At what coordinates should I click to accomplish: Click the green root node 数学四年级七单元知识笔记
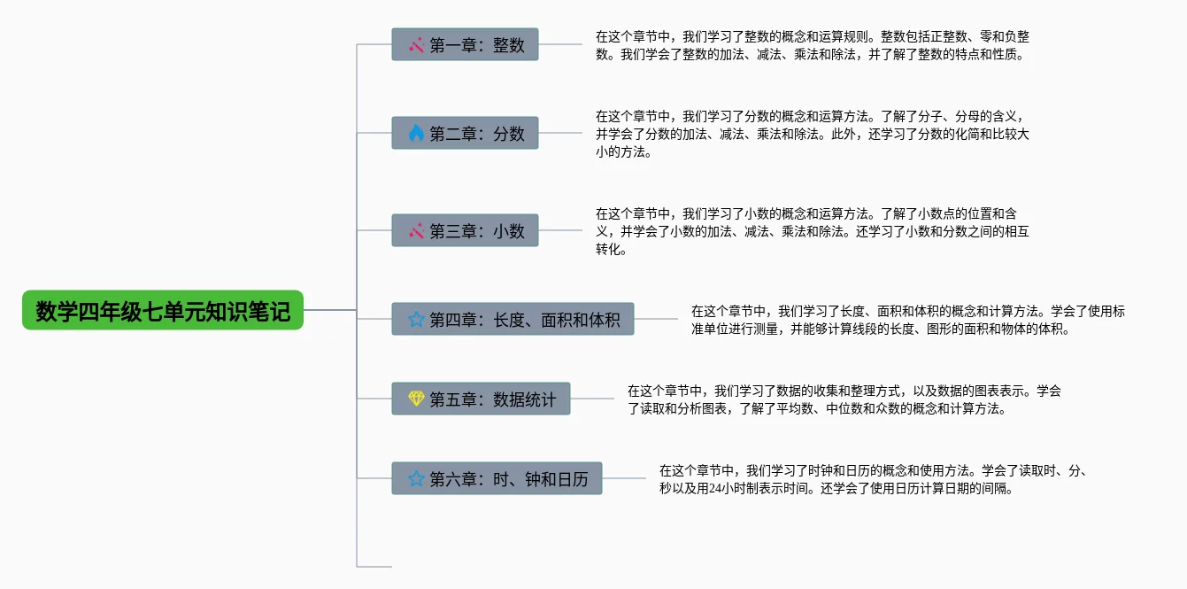[x=163, y=311]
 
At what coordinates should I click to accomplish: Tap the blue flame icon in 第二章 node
[x=416, y=133]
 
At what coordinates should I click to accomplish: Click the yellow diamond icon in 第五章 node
[x=416, y=399]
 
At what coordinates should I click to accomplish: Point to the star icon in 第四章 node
[x=416, y=319]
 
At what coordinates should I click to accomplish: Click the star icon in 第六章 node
[x=416, y=479]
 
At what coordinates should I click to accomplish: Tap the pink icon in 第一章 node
[x=416, y=44]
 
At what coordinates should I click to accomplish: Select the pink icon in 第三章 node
[x=416, y=230]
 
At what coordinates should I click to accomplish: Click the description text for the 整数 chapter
[x=812, y=45]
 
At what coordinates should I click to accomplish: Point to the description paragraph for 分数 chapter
[x=812, y=134]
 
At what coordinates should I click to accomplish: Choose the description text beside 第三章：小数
[x=812, y=231]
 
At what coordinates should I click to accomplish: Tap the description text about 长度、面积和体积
[x=907, y=320]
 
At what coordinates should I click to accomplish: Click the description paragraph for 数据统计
[x=844, y=399]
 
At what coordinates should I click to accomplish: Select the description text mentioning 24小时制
[x=872, y=479]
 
